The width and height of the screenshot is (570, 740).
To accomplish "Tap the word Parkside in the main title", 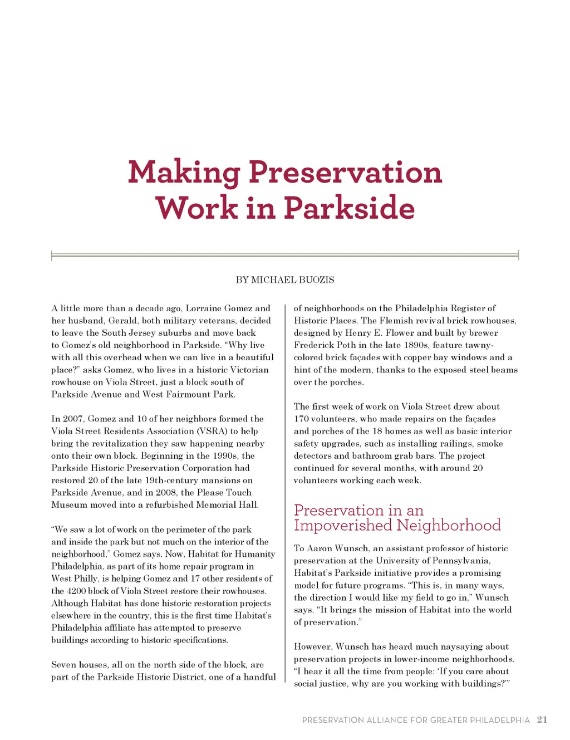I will click(x=349, y=208).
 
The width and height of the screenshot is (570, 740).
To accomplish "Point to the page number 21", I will click(x=542, y=719).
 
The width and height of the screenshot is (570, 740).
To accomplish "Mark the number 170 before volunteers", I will click(x=302, y=419).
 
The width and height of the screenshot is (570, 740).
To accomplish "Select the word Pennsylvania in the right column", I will click(x=459, y=560).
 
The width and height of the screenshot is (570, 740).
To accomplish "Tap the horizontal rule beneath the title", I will click(x=285, y=256).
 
